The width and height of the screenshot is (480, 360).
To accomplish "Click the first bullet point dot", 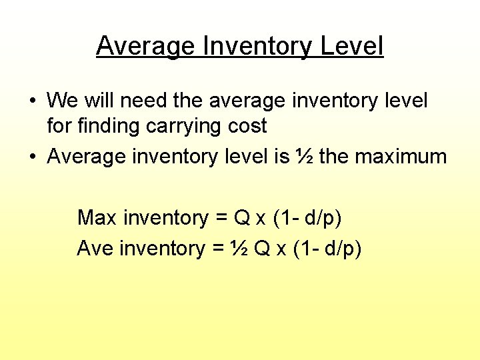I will (32, 101).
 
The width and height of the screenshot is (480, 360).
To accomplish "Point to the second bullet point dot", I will (32, 157).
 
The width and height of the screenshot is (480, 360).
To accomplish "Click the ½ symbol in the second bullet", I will (304, 157).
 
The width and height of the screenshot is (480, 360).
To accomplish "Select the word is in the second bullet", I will (281, 157).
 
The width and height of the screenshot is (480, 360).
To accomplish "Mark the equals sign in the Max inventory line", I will (220, 218).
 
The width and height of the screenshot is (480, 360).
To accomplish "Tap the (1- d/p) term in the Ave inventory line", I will (327, 249).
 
